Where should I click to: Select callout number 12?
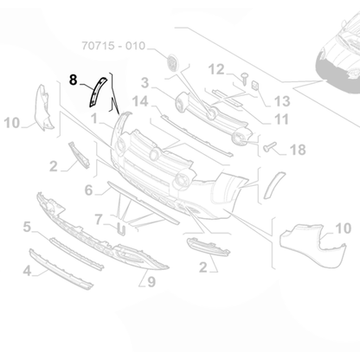click(215, 69)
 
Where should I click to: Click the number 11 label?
click(282, 119)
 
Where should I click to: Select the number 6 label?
click(90, 189)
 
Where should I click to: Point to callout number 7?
click(100, 219)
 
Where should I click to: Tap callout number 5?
click(27, 227)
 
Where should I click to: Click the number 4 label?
click(27, 271)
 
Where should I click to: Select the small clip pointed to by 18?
click(269, 147)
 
